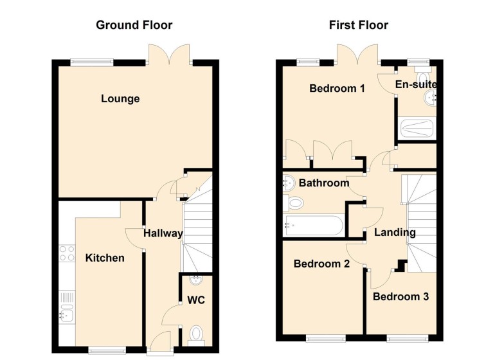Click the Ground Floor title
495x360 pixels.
134,26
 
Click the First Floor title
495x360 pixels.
358,26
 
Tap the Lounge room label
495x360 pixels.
120,99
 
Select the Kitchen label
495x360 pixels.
105,258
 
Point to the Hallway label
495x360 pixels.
163,233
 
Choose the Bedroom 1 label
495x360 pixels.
337,89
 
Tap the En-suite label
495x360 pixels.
416,85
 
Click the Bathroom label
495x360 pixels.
324,183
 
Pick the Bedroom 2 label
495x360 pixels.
321,264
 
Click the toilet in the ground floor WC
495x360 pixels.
197,334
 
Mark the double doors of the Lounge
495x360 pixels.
169,54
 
